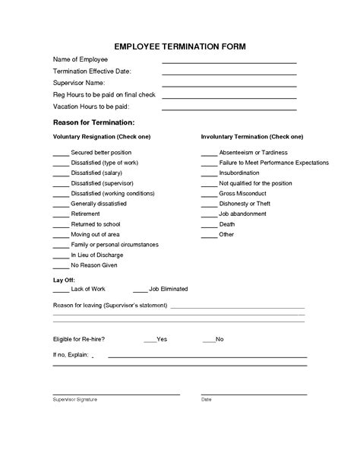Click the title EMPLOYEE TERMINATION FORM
180,46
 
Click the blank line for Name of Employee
229,62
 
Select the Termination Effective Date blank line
229,74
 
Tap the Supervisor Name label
79,82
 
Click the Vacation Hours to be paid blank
229,109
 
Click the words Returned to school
96,224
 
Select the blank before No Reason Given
60,267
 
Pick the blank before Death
209,226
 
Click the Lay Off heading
64,281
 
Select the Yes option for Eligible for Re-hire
161,338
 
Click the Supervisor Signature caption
75,399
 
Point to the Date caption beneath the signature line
207,399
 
